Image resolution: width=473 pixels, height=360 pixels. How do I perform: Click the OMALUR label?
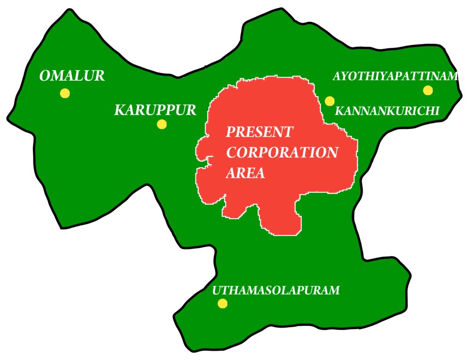(72, 76)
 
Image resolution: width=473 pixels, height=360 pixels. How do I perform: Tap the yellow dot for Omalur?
(65, 93)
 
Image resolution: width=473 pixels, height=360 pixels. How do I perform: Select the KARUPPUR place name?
(155, 110)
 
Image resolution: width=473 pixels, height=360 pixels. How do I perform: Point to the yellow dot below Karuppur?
(162, 124)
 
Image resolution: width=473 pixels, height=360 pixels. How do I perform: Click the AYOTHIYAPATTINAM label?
(395, 76)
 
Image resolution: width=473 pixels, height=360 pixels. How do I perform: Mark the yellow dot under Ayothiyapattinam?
(428, 90)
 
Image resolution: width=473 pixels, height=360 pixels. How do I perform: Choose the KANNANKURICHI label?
(387, 111)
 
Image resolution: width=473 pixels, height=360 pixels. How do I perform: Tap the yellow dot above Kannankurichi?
(329, 101)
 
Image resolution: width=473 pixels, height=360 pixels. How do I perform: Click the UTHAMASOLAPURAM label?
(276, 290)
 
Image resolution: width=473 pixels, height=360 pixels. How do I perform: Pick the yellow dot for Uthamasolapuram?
(223, 303)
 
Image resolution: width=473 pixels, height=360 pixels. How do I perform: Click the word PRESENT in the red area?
(259, 132)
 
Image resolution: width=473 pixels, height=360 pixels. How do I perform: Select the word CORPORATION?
(282, 153)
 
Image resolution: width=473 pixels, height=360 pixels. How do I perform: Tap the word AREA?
(245, 173)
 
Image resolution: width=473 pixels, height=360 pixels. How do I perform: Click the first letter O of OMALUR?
(45, 76)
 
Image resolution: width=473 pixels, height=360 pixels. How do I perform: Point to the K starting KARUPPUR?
(119, 111)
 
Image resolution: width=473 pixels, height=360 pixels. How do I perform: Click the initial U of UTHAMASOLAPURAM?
(216, 291)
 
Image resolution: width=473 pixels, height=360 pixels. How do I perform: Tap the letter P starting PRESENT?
(230, 132)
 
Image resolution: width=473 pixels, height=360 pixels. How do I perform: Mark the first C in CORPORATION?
(231, 153)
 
